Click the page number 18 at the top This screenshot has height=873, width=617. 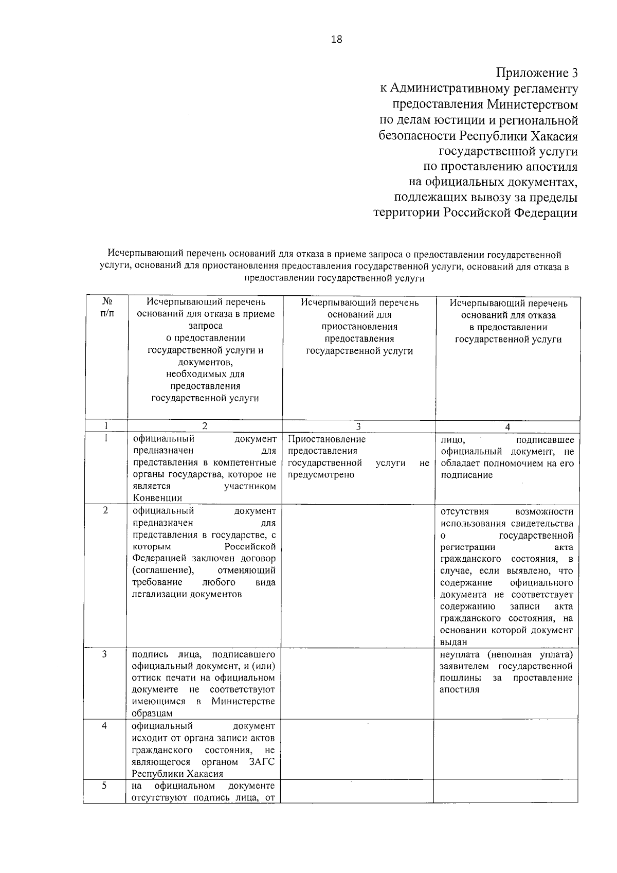click(x=337, y=40)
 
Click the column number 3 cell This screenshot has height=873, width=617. click(x=358, y=426)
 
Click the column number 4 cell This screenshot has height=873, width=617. click(x=507, y=426)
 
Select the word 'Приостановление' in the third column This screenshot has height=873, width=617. click(x=326, y=439)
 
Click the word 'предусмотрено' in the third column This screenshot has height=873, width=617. click(x=321, y=475)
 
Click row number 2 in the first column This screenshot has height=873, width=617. click(x=105, y=510)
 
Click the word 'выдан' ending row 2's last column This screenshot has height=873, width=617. click(x=453, y=642)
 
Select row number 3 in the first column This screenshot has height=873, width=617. click(x=104, y=654)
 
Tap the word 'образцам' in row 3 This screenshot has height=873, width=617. click(x=152, y=714)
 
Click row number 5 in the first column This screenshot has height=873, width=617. click(x=104, y=786)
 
